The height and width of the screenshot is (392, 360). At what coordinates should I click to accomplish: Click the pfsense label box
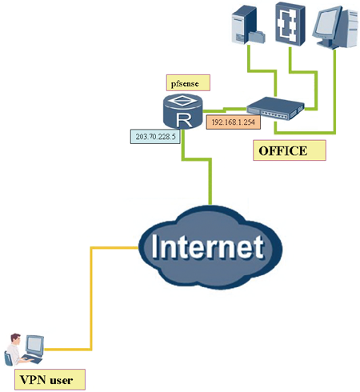coord(188,82)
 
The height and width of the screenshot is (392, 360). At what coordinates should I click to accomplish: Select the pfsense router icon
coord(182,111)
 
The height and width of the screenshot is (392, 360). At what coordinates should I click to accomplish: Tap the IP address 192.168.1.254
coord(234,122)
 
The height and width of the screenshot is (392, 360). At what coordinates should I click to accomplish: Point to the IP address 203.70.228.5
coord(155,137)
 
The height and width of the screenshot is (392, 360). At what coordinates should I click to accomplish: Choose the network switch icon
coord(275,109)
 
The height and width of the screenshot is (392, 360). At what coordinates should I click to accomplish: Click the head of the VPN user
coord(15,338)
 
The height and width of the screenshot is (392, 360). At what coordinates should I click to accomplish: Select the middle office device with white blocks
coord(290,23)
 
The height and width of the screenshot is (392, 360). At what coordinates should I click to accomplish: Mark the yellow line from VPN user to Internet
coord(91,298)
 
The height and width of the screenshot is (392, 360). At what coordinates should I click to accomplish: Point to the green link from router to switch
coord(224,110)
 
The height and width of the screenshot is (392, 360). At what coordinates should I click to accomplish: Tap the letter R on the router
coord(184,120)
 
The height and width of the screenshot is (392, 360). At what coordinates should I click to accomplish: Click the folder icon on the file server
coord(257,37)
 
